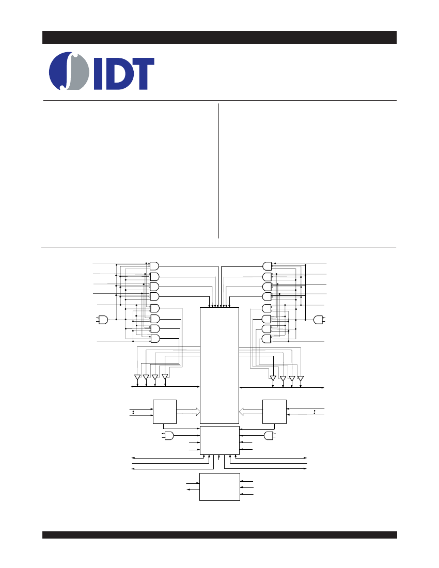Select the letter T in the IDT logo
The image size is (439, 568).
142,74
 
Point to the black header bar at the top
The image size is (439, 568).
219,37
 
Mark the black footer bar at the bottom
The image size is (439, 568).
219,534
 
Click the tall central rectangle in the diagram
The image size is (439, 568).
219,366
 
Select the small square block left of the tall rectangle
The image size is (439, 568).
165,412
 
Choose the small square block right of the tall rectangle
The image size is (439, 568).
274,412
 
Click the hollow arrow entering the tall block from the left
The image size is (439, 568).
189,412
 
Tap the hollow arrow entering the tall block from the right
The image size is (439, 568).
250,412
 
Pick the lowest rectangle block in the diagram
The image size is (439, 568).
220,487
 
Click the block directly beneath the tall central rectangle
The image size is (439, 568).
220,440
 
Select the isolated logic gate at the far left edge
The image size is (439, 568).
103,320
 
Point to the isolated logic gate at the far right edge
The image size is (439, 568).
318,320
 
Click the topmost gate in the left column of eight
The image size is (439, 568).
154,265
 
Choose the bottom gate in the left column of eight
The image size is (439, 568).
154,339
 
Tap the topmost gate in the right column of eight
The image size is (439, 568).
268,266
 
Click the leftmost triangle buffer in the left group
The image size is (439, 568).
137,377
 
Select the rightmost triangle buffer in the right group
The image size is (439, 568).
300,378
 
